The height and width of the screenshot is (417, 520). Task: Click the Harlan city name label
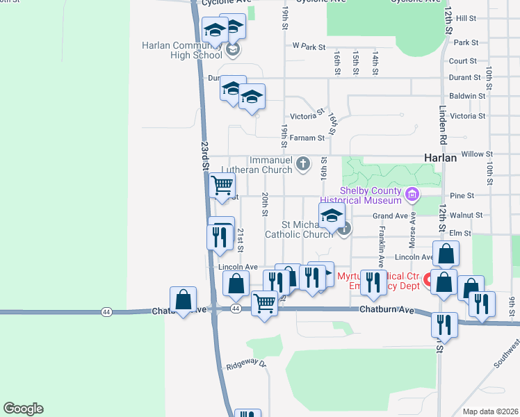click(x=440, y=158)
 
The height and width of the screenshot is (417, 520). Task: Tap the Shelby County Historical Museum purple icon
click(x=413, y=193)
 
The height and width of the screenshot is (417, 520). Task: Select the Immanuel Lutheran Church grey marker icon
click(x=302, y=164)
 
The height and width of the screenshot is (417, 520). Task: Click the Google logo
click(x=23, y=409)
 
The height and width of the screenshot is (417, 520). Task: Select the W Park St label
click(x=309, y=47)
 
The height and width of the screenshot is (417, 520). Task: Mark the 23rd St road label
click(x=205, y=156)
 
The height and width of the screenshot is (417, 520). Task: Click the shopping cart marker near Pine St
click(x=222, y=186)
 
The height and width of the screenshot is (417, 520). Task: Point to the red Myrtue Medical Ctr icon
click(x=429, y=281)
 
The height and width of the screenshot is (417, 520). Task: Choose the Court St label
click(x=463, y=61)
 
